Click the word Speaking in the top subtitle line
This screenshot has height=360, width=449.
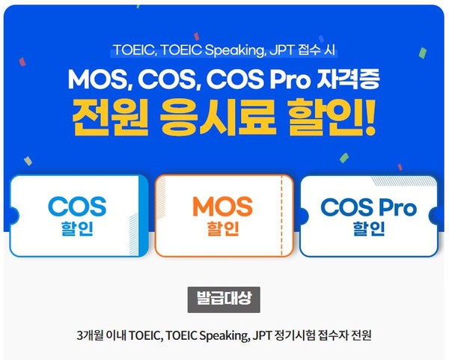click(x=221, y=52)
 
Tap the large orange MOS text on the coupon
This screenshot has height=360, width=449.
click(x=222, y=206)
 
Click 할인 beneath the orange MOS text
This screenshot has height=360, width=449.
click(x=222, y=228)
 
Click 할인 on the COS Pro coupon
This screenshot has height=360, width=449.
click(x=367, y=228)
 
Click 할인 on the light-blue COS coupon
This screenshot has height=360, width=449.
click(x=77, y=228)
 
